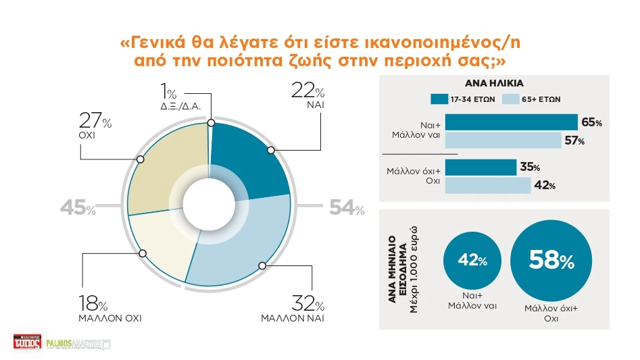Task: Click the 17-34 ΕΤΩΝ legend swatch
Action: click(x=437, y=99)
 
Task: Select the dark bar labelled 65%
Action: click(x=511, y=122)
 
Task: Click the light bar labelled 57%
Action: click(x=503, y=140)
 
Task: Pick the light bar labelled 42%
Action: click(x=487, y=185)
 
